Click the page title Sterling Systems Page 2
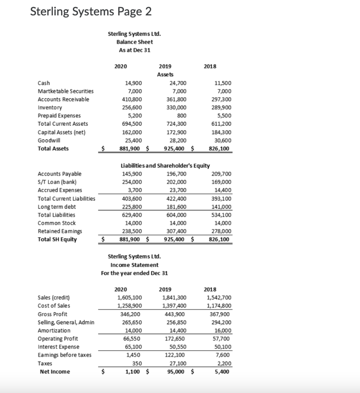[91, 12]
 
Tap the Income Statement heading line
[134, 265]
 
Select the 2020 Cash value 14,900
[134, 83]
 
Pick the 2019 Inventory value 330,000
[178, 107]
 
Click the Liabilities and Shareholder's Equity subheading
[165, 166]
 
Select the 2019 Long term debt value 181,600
[178, 206]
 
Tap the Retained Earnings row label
[57, 231]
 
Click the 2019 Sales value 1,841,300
[175, 297]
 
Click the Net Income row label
[55, 371]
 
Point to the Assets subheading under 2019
[165, 74]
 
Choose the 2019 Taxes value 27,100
[179, 363]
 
